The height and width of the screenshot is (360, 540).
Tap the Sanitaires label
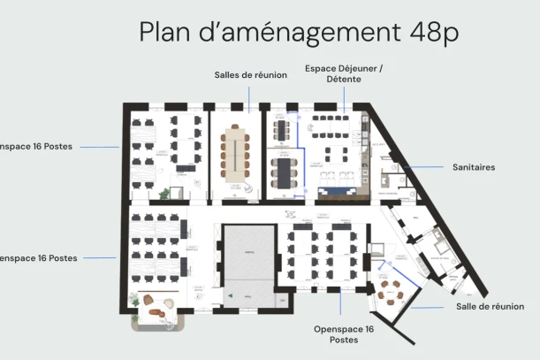click(x=473, y=166)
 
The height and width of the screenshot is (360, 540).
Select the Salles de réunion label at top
click(x=250, y=75)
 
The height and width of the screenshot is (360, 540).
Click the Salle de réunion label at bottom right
click(x=497, y=306)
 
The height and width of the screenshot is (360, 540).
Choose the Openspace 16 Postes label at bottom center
click(x=344, y=333)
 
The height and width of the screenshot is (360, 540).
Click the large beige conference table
click(x=236, y=155)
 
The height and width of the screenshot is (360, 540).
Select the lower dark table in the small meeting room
click(x=283, y=170)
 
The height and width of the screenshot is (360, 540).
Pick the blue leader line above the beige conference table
click(x=250, y=97)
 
